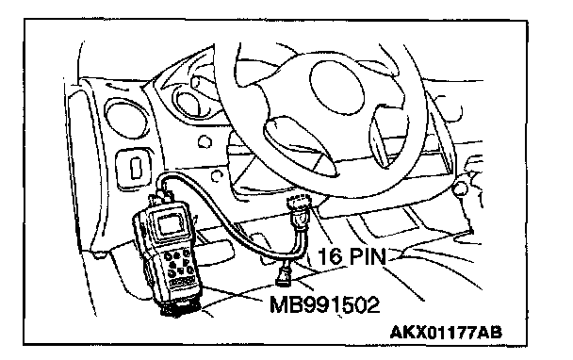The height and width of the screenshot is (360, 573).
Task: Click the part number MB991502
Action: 324,304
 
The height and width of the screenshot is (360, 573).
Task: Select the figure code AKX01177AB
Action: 446,333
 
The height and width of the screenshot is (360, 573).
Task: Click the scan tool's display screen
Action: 171,223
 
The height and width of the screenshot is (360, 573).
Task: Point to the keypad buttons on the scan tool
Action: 179,263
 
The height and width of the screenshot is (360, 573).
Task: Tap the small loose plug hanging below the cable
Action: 285,277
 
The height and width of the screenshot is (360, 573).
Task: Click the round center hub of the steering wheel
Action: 337,88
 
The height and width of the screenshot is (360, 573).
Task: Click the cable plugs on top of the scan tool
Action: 161,197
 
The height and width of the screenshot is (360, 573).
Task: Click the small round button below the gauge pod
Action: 205,141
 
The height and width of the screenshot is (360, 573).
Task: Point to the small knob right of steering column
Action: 459,188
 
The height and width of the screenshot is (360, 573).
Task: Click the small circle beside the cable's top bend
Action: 218,176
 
